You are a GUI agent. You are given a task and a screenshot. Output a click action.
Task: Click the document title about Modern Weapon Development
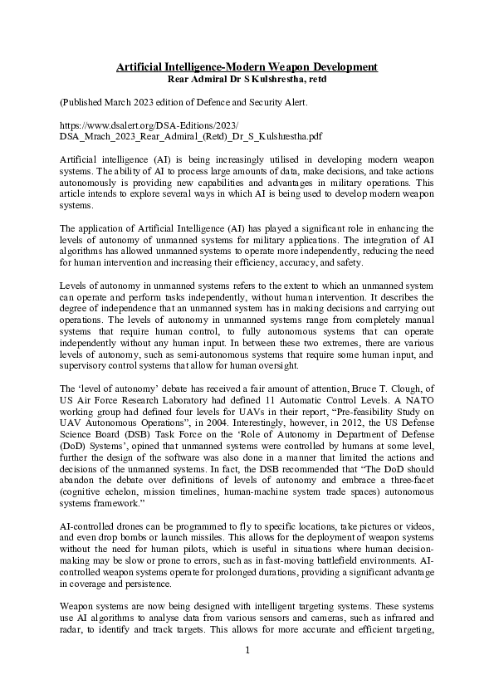click(x=247, y=66)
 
